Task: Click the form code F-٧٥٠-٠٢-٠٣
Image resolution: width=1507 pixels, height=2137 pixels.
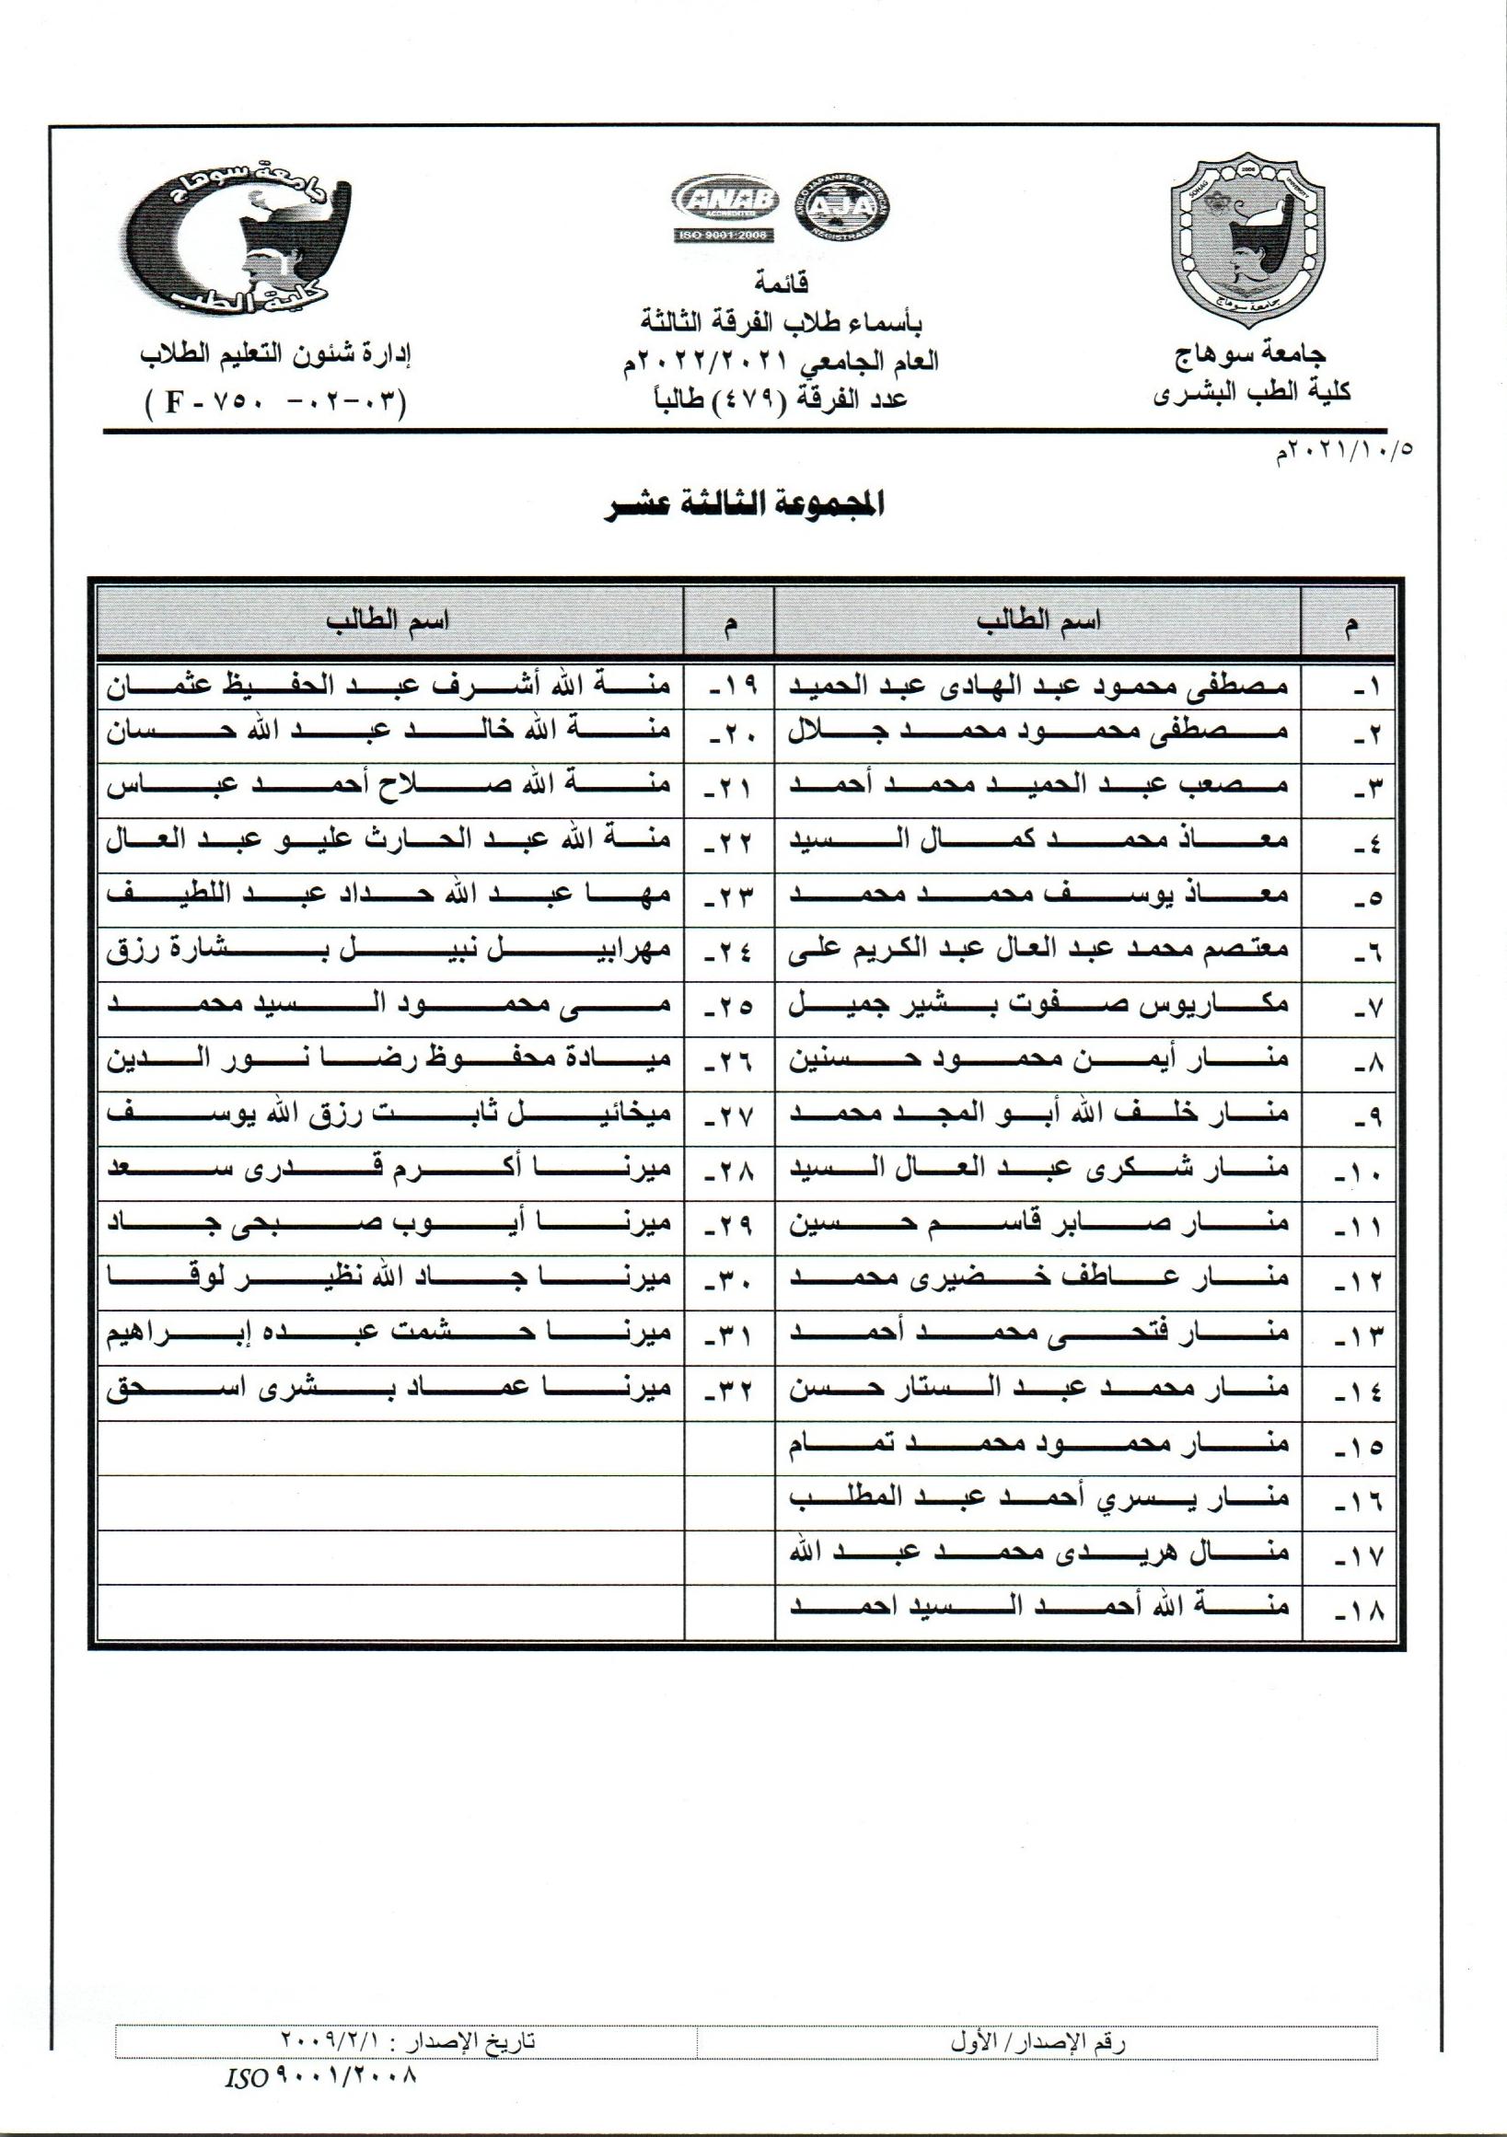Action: click(x=276, y=404)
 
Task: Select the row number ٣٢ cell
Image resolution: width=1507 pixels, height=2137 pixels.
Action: click(x=730, y=1392)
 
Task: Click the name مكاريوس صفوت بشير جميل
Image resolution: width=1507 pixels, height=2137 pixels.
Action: click(x=1038, y=1008)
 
